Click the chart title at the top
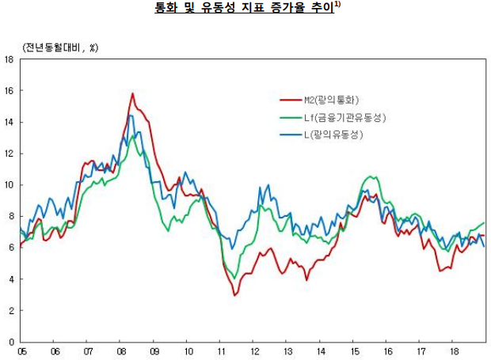click(246, 9)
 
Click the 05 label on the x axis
click(21, 351)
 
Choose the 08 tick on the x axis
click(121, 351)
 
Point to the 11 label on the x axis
click(221, 351)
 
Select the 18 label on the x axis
click(454, 351)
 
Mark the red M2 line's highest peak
click(132, 94)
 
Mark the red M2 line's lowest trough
click(234, 295)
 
